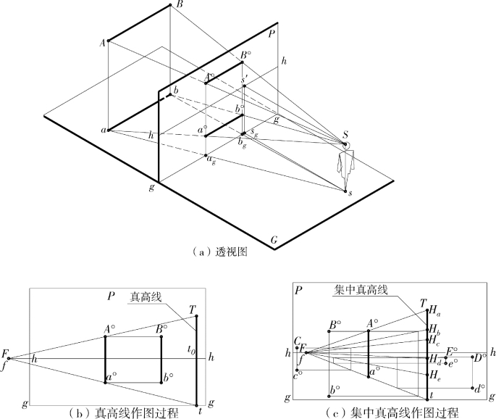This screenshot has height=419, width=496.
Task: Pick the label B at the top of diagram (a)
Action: (179, 4)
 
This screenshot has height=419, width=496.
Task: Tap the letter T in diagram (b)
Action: (193, 308)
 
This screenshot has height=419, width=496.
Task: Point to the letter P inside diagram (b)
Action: (111, 297)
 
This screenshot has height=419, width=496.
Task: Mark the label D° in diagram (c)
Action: (479, 357)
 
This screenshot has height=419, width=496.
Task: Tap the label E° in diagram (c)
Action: (451, 351)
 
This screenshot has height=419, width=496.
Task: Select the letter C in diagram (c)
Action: (297, 341)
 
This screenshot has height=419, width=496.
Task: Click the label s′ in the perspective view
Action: (245, 80)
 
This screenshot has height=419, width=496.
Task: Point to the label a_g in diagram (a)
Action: (211, 161)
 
